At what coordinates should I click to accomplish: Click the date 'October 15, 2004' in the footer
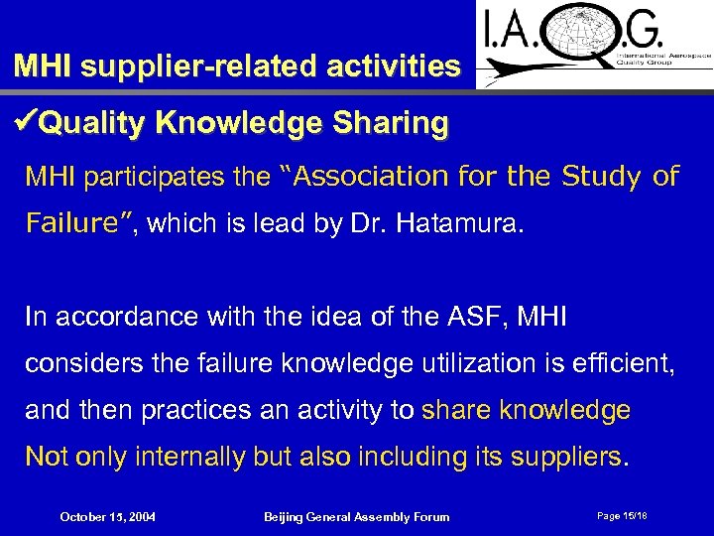(x=106, y=516)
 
